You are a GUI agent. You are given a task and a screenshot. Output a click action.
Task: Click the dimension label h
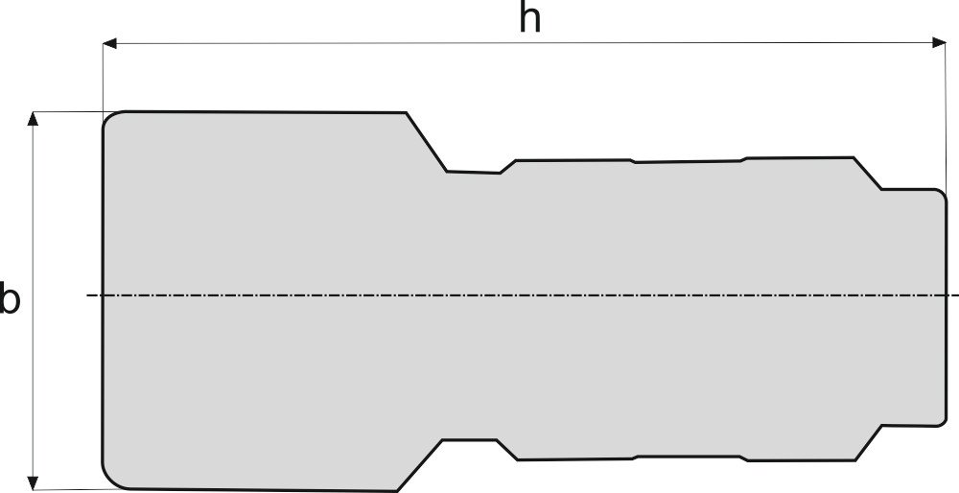(x=529, y=19)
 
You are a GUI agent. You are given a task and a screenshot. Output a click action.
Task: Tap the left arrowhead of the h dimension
(x=109, y=42)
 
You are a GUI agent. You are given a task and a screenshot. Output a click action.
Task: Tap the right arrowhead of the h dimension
(x=940, y=42)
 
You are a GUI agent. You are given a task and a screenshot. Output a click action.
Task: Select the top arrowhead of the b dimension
(x=34, y=118)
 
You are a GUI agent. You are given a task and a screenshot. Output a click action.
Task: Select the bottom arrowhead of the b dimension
(x=34, y=482)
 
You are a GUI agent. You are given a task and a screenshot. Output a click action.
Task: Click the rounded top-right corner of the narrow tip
(x=944, y=193)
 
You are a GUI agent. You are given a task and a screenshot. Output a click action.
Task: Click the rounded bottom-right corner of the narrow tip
(x=944, y=418)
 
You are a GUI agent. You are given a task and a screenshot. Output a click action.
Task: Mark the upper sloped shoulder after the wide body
(x=427, y=142)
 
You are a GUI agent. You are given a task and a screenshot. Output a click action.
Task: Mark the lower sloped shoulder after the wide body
(x=419, y=465)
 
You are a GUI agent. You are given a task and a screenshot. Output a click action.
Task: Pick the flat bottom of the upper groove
(x=473, y=173)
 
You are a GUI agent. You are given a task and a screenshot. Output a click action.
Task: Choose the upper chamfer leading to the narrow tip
(x=867, y=173)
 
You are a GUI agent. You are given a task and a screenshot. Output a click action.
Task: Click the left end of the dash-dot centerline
(x=88, y=295)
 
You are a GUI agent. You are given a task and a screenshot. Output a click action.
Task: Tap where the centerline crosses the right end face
(x=948, y=295)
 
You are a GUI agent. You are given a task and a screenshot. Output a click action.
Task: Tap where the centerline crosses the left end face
(x=103, y=295)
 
